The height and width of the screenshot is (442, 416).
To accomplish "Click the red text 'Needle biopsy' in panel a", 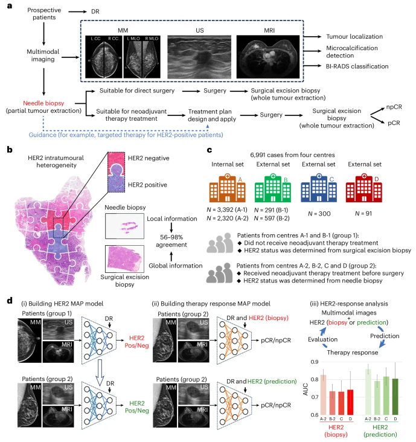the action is [43, 103].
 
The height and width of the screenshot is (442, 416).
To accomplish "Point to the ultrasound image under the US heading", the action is [199, 57].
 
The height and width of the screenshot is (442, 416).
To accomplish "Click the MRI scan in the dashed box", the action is [268, 57].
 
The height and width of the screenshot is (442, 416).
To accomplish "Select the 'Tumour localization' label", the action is [354, 36].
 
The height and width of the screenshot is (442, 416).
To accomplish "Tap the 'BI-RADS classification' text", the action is [357, 66].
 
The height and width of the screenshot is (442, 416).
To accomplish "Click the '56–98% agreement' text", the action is [171, 241].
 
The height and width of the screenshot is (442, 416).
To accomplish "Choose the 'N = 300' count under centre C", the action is [319, 214].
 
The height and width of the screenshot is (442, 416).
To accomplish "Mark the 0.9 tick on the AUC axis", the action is [315, 362].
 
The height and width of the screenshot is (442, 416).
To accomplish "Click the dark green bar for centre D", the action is [395, 397].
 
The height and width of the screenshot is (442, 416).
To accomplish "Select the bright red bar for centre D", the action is [350, 402].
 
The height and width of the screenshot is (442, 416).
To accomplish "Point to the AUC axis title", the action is [306, 389].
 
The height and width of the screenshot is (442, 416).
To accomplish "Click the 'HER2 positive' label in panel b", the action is [147, 185].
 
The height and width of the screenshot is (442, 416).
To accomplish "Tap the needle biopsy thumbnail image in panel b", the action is [124, 226].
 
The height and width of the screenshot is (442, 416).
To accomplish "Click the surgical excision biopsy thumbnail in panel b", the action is [124, 258].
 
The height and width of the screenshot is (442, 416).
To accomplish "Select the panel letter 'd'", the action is [10, 301].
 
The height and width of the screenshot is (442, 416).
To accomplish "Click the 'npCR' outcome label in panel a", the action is [394, 107].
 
